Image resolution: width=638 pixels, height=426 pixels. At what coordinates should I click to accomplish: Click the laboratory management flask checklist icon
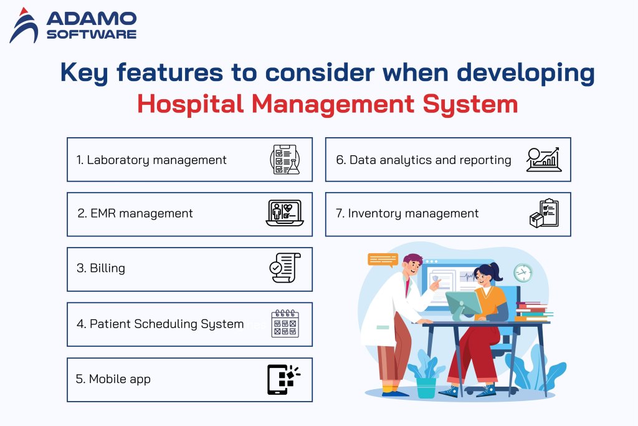coord(285,160)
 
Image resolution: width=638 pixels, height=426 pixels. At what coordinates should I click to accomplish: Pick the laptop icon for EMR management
coord(284,213)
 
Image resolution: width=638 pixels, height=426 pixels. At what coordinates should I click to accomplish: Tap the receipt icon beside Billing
coord(285,268)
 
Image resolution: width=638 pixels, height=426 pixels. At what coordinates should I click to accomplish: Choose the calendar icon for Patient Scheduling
coord(285,324)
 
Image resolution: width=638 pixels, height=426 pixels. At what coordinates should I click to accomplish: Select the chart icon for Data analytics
coord(543,160)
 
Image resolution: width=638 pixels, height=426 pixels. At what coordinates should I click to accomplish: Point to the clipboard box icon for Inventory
coord(543,213)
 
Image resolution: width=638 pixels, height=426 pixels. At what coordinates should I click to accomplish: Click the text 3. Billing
coord(101,268)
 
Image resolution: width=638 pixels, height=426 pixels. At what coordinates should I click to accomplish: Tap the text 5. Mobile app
coord(113,379)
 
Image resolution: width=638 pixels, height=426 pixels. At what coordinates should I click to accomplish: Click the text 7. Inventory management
coord(407,214)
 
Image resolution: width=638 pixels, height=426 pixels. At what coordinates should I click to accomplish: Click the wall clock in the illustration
coord(523,273)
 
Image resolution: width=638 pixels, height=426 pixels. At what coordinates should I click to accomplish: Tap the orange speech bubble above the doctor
coord(383,259)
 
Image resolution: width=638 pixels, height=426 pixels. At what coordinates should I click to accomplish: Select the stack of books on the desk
coord(531,311)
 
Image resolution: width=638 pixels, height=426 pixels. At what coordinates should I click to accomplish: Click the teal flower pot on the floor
coord(426,387)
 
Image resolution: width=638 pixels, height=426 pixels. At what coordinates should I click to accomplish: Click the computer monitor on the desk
coord(463,303)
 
